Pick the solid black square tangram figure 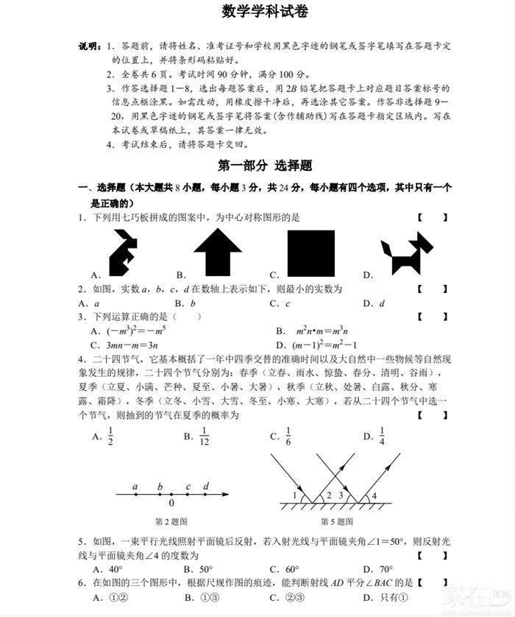click(x=310, y=253)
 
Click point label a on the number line click(x=135, y=487)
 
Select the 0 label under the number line click(x=171, y=504)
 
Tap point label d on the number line click(x=206, y=487)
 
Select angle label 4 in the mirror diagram click(x=374, y=495)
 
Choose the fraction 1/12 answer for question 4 click(x=205, y=437)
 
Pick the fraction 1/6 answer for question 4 click(x=289, y=437)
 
